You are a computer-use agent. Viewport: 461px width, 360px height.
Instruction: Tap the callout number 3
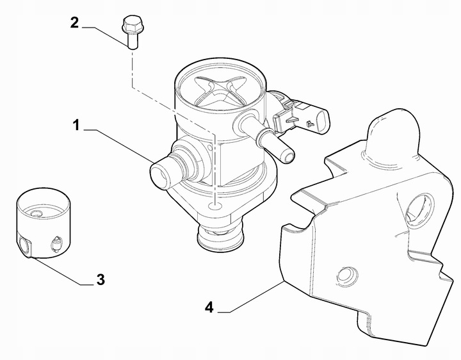[100, 280]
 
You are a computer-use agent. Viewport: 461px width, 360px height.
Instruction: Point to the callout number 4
[209, 308]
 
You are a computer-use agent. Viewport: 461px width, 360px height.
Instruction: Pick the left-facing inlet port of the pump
[160, 174]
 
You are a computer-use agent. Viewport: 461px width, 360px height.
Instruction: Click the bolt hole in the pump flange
[216, 206]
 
